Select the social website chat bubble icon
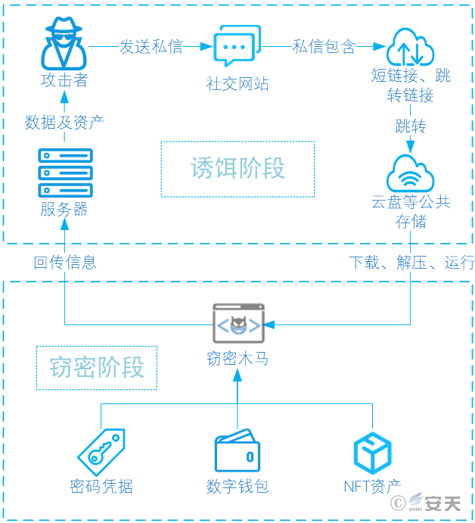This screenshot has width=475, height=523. [237, 46]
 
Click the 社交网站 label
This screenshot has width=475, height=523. [237, 84]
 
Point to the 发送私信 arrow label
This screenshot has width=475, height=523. [151, 46]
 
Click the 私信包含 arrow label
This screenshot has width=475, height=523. [324, 46]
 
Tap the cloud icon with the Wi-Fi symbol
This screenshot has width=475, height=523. [411, 174]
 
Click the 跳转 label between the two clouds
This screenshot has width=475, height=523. [411, 126]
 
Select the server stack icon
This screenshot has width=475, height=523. [64, 173]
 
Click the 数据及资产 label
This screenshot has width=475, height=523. [64, 122]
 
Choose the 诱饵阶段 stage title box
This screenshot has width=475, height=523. [237, 169]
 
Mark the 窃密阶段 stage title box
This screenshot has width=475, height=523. [97, 368]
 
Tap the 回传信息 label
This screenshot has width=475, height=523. [64, 263]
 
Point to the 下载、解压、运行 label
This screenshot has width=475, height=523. [411, 263]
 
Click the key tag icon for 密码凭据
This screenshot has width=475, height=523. [101, 452]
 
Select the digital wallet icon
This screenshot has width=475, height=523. [237, 452]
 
